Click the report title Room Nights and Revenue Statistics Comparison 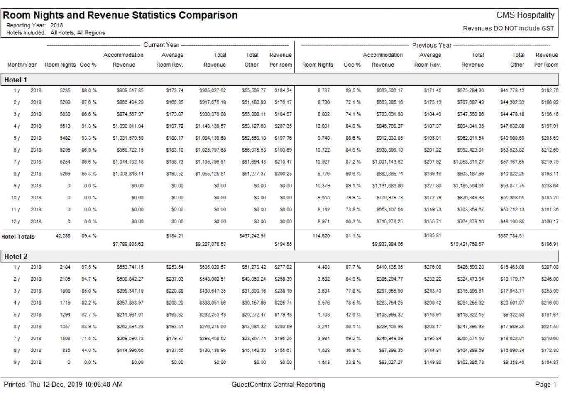coord(120,15)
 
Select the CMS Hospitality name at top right coord(525,15)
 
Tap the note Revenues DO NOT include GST coord(508,28)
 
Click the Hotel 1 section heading coord(15,80)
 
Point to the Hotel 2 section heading coord(15,257)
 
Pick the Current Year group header coord(161,45)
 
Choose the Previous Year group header coord(431,45)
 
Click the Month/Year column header coord(22,65)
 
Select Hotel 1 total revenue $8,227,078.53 coord(210,244)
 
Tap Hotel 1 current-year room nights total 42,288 coord(63,236)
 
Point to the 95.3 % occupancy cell coord(89,174)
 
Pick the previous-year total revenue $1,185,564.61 coord(468,186)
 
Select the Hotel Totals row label coord(18,237)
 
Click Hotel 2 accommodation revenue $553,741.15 coord(130,267)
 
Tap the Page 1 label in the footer coord(545,385)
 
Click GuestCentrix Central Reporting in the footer coord(278,385)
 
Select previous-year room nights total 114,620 coord(321,236)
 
